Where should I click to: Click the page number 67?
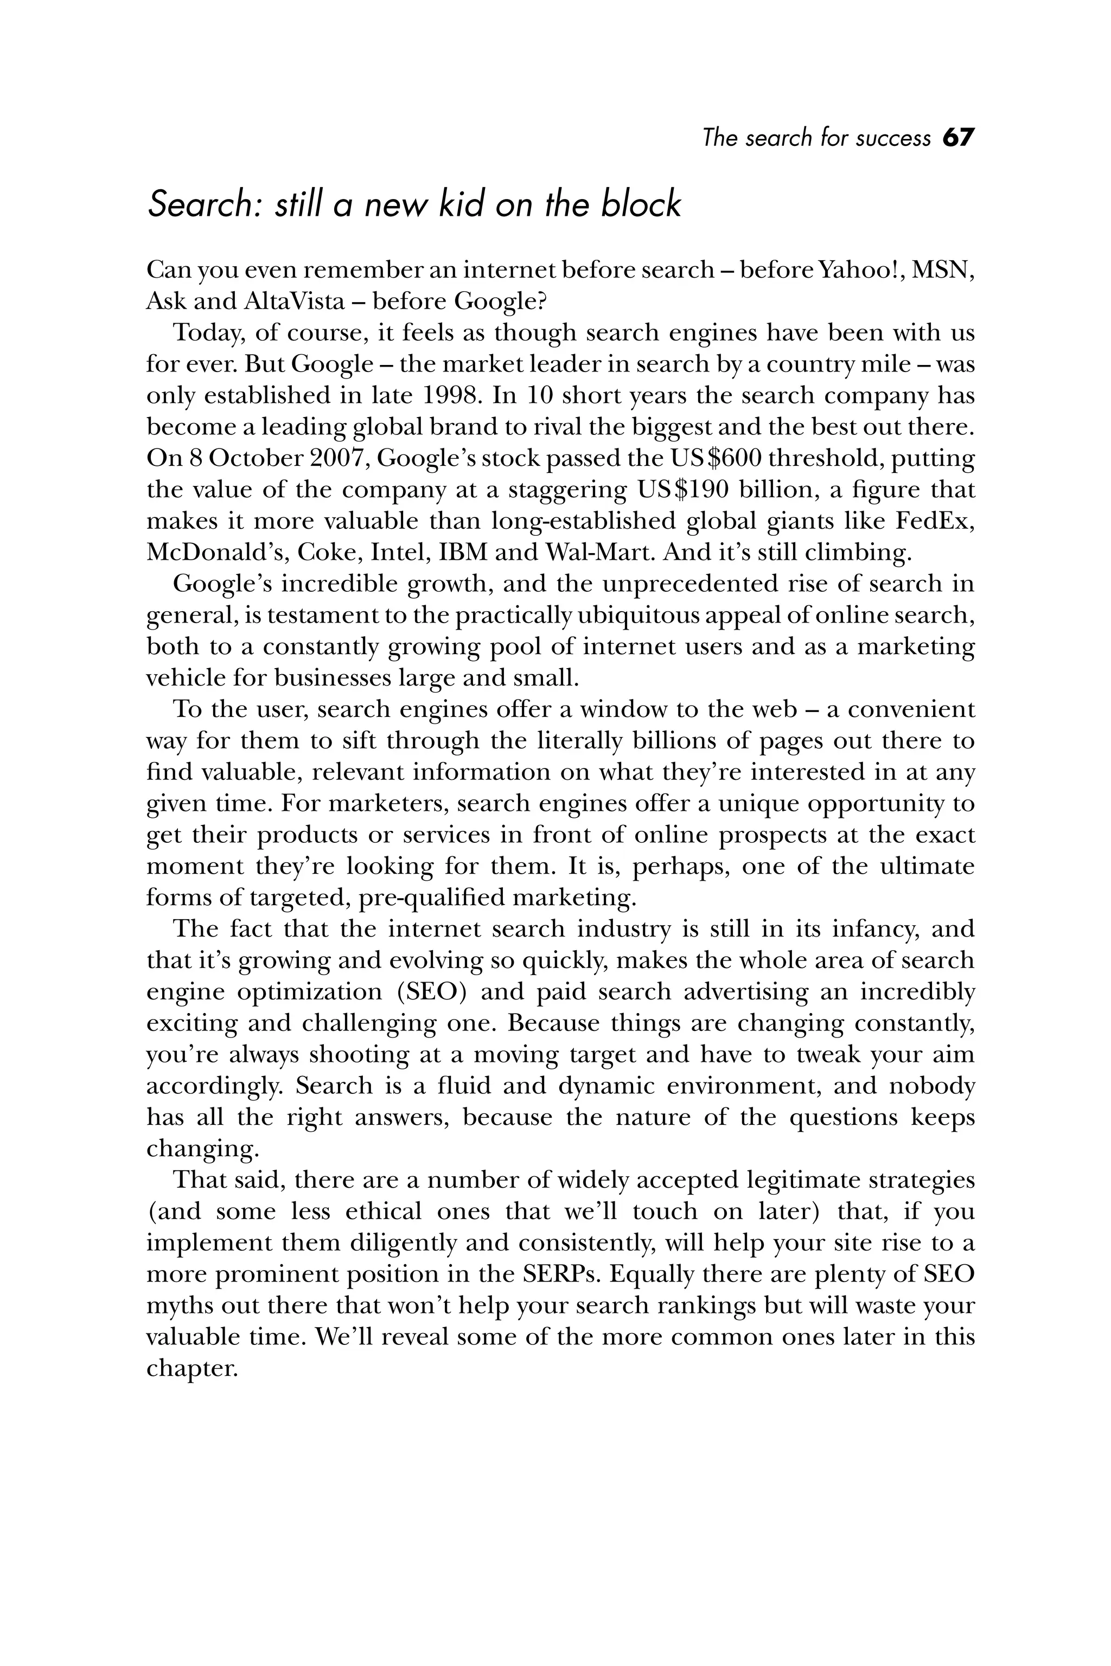[958, 137]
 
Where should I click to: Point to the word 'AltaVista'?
[294, 302]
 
